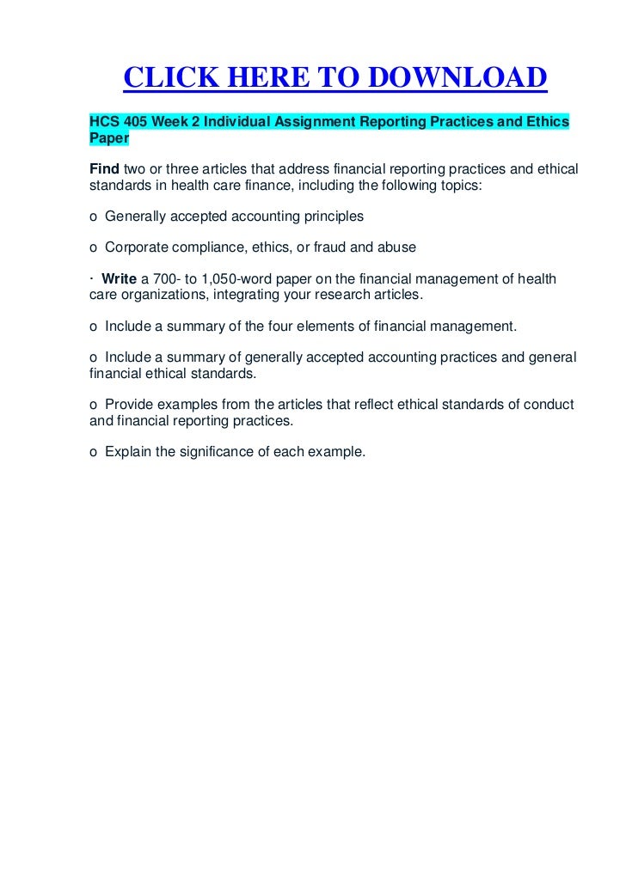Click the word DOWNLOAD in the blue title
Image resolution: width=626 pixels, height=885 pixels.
[458, 78]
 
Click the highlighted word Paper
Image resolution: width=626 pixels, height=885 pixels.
[108, 138]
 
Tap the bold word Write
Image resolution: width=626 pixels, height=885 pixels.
[120, 279]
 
